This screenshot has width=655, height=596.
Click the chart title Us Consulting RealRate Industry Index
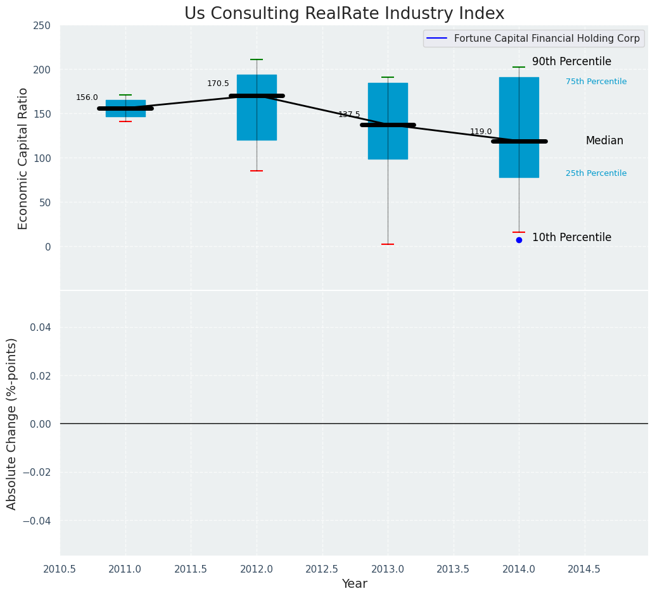(x=344, y=14)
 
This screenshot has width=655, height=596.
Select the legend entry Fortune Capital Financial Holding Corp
(x=546, y=39)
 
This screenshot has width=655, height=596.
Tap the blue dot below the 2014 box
(x=519, y=240)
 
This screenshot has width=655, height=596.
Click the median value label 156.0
(x=87, y=97)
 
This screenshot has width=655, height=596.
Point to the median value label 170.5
(x=218, y=84)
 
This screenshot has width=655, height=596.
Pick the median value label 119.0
(x=481, y=132)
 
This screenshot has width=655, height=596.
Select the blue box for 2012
(x=257, y=120)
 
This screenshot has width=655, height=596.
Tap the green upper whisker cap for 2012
(x=257, y=59)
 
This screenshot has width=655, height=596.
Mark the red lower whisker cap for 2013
(x=388, y=244)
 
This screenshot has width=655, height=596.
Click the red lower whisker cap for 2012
(x=257, y=171)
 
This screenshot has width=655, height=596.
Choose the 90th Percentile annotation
(x=571, y=62)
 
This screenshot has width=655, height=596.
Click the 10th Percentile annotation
(x=571, y=238)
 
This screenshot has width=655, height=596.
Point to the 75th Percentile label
(x=596, y=82)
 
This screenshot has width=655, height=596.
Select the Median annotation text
(x=604, y=141)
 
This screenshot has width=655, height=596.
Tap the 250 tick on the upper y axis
(x=42, y=26)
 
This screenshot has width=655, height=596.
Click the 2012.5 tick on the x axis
(x=322, y=569)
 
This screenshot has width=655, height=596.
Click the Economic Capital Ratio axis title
(x=23, y=158)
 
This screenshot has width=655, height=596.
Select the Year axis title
(x=354, y=584)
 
